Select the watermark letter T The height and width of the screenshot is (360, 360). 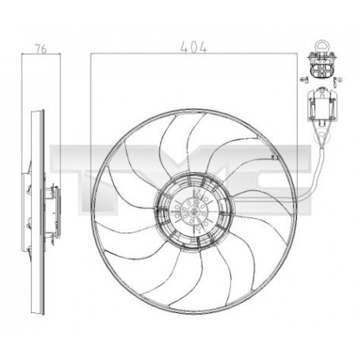point(72,163)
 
